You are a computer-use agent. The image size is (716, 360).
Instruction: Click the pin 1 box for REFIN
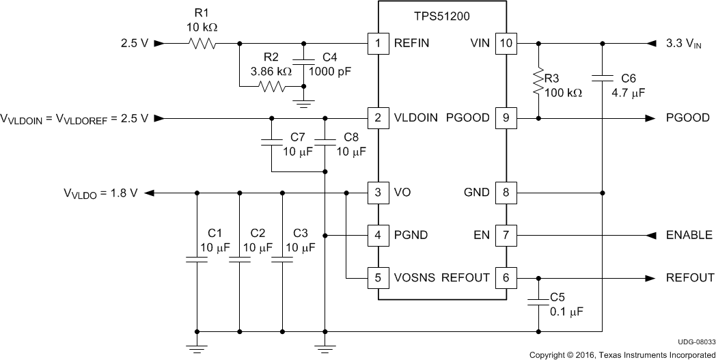[x=378, y=44]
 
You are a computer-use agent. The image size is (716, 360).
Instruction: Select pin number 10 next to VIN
[x=506, y=44]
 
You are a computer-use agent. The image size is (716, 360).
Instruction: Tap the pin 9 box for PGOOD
[x=506, y=118]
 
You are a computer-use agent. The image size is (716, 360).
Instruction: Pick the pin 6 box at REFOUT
[x=506, y=278]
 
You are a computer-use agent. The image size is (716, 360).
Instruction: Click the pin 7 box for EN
[x=506, y=235]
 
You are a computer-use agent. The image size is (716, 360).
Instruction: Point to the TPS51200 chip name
[x=443, y=13]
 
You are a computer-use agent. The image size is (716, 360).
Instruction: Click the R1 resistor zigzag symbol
[x=203, y=44]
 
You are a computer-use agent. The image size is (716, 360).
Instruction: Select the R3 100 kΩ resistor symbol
[x=539, y=81]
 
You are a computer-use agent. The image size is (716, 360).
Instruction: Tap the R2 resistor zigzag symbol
[x=271, y=87]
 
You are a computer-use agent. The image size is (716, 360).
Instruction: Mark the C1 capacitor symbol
[x=197, y=260]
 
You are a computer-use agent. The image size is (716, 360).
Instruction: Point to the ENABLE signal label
[x=689, y=235]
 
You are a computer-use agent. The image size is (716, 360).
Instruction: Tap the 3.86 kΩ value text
[x=271, y=70]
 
